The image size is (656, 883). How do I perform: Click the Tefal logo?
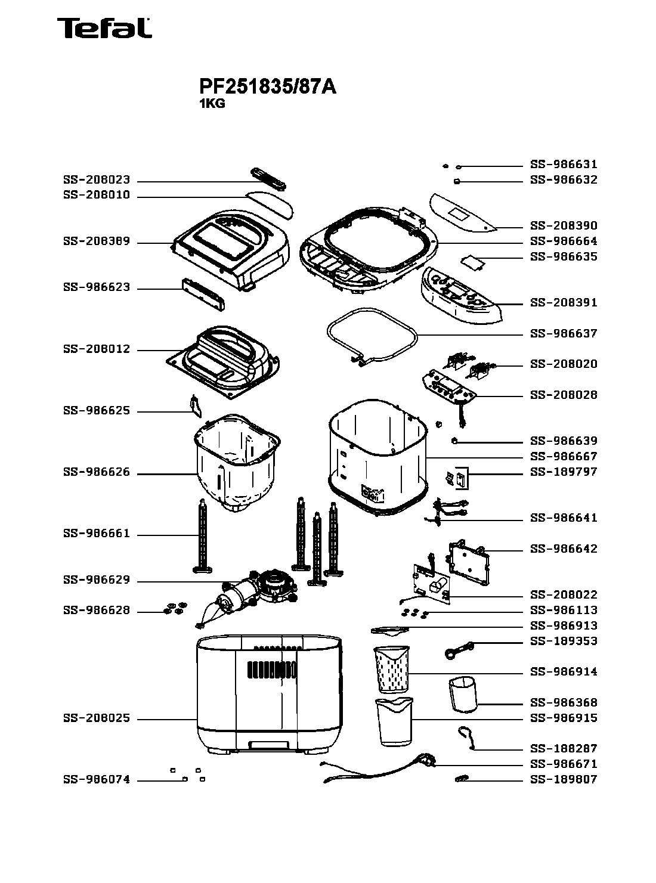(x=104, y=28)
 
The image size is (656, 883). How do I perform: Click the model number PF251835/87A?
(x=268, y=87)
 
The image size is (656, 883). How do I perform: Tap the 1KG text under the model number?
(x=212, y=103)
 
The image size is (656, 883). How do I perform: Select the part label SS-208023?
(x=96, y=180)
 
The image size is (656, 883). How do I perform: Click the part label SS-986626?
(x=96, y=473)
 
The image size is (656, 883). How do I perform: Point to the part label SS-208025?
(x=96, y=719)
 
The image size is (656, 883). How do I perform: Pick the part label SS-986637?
(x=564, y=333)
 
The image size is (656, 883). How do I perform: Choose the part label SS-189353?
(x=564, y=642)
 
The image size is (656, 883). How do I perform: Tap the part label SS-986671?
(x=564, y=764)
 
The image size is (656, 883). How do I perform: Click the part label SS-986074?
(x=96, y=780)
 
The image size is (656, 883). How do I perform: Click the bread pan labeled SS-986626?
(x=236, y=462)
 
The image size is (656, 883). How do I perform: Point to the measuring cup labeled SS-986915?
(x=394, y=721)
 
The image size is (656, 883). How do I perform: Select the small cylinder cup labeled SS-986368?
(x=463, y=694)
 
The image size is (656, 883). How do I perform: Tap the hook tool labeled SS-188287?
(x=466, y=737)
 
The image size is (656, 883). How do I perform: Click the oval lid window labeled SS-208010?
(x=270, y=203)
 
